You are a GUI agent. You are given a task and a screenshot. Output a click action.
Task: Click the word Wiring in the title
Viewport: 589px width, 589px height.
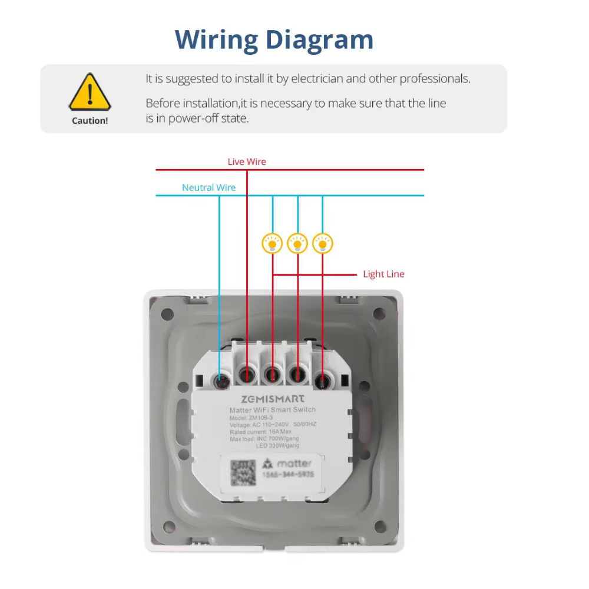(x=216, y=40)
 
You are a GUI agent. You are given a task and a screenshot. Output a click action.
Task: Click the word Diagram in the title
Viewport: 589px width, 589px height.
(x=319, y=40)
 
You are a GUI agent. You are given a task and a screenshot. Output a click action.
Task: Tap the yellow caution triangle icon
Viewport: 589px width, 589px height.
(x=90, y=92)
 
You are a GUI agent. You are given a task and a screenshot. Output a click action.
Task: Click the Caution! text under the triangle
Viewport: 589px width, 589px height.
(x=90, y=121)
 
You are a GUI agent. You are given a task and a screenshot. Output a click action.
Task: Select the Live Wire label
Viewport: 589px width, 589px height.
(x=247, y=161)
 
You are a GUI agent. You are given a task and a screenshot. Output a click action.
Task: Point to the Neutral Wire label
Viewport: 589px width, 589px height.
(x=209, y=188)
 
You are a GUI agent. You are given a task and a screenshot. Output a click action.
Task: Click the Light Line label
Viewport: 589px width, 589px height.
(x=383, y=274)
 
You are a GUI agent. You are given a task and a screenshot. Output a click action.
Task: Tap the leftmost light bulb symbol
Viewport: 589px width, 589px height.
(x=272, y=243)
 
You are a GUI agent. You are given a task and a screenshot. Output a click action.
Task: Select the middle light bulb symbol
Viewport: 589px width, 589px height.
(x=297, y=243)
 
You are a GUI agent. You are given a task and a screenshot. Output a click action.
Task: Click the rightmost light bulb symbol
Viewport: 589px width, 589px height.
(x=323, y=243)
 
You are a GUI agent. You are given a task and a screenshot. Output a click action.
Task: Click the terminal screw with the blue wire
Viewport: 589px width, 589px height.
(x=223, y=380)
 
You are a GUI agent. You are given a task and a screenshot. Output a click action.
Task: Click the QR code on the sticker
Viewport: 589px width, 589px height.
(x=243, y=473)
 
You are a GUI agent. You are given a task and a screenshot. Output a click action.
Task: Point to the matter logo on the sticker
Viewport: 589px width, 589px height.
(x=287, y=464)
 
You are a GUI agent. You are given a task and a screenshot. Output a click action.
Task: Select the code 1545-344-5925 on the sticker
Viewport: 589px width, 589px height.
(x=288, y=474)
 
